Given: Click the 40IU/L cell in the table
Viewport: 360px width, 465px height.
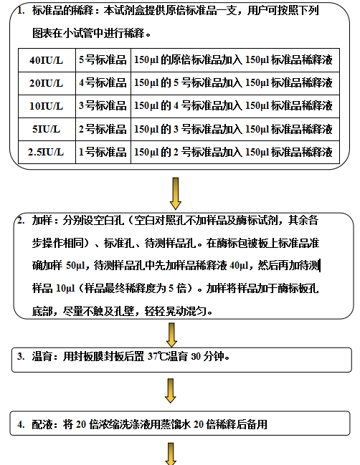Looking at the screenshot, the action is pos(47,60).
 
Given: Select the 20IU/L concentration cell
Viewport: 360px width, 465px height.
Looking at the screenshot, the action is pos(47,83).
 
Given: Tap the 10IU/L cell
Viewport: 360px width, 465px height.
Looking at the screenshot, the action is pos(47,106).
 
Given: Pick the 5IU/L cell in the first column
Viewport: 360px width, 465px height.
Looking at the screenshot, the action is pos(47,129).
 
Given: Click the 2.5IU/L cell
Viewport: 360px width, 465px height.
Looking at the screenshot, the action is pos(47,152).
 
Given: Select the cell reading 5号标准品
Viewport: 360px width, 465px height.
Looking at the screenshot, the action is pos(103,60).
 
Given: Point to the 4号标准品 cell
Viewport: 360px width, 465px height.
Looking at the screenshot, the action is pos(103,83).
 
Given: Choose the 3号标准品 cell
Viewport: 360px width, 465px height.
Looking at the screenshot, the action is pos(103,106).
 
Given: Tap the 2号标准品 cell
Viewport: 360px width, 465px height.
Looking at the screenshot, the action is pos(103,129).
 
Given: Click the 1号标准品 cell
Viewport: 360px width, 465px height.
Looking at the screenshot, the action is pos(103,152).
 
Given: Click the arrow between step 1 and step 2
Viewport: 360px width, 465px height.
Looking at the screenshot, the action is pos(176,193).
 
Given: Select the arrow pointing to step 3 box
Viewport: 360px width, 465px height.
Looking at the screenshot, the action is pos(171,335).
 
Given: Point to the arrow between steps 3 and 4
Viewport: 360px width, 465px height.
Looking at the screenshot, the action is pos(171,390).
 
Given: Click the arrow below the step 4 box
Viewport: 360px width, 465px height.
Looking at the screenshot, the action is pos(171,454).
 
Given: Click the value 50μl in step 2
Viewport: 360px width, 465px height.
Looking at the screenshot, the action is pos(75,265).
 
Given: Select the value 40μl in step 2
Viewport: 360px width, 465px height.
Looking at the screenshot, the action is pos(239,265).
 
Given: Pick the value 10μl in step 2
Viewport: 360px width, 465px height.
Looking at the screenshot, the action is pos(65,288).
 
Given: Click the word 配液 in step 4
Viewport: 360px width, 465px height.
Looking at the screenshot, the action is pos(42,424).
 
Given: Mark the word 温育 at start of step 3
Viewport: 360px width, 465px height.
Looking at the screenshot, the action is pos(42,356).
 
